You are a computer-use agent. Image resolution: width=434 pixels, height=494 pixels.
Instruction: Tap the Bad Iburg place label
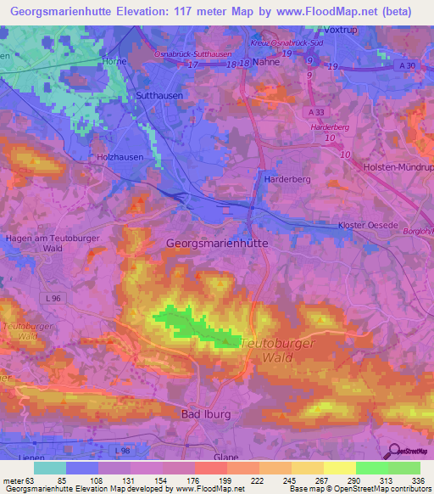tap(207, 413)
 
